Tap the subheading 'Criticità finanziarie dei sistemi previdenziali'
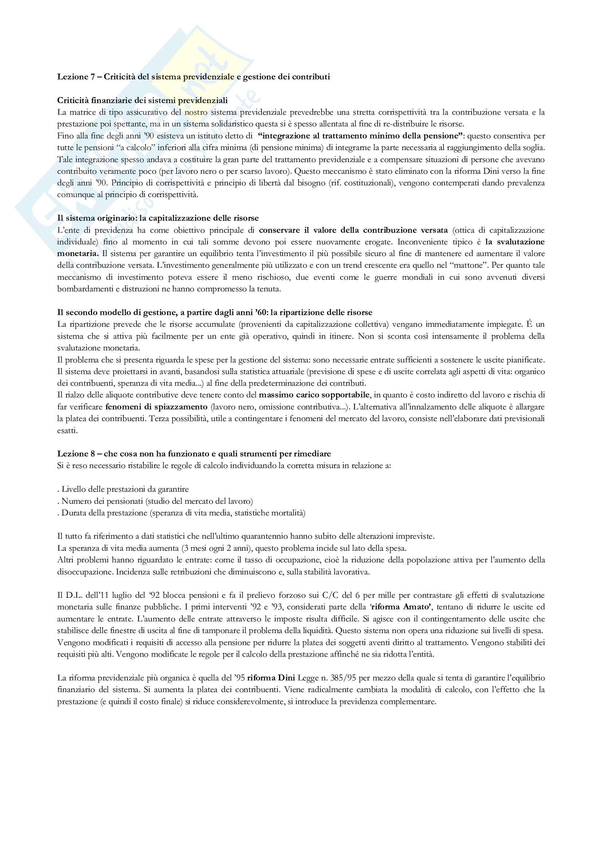[x=142, y=100]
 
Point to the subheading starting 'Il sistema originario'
[x=158, y=218]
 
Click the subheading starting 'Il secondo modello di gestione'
[x=215, y=312]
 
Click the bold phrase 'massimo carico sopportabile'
[x=314, y=395]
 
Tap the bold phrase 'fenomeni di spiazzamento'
[x=156, y=407]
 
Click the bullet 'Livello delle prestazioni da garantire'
[x=124, y=489]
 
